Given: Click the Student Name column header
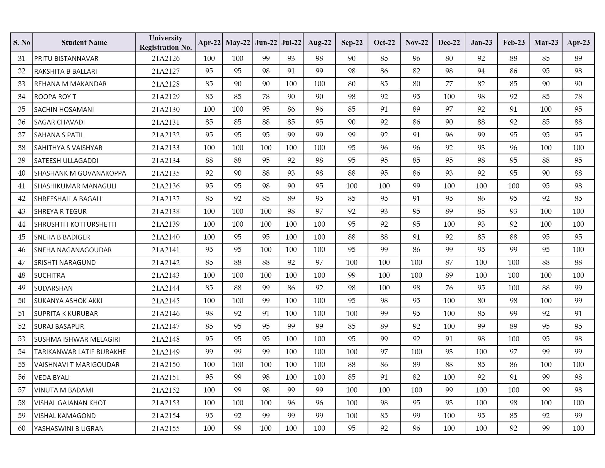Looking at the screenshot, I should (x=84, y=43).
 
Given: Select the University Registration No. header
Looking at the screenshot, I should (x=166, y=43).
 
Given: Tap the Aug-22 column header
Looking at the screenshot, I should (x=319, y=43).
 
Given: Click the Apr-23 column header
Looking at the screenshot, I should (x=578, y=43).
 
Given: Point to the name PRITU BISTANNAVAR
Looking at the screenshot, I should (x=66, y=58).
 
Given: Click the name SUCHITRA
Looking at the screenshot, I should (x=50, y=275).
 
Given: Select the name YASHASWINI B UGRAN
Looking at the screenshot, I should (x=69, y=429).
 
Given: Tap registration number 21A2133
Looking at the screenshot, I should (x=166, y=148).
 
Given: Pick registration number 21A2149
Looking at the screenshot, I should (x=166, y=352).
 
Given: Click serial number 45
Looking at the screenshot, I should (x=22, y=237).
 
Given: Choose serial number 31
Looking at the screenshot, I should (x=22, y=58).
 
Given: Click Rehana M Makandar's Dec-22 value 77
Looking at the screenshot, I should (x=449, y=84).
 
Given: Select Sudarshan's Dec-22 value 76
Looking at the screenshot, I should (x=449, y=288).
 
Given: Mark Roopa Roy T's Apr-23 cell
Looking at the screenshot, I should (x=578, y=97).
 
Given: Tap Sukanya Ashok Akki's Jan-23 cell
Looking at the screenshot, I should (x=481, y=301).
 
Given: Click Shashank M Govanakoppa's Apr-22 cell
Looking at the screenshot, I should (x=209, y=173).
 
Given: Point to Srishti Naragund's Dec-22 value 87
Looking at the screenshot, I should (x=449, y=262).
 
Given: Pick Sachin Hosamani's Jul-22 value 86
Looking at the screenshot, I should (x=291, y=109).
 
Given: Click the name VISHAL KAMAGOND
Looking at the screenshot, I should (x=65, y=416).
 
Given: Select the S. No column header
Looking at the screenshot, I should (x=22, y=43).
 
